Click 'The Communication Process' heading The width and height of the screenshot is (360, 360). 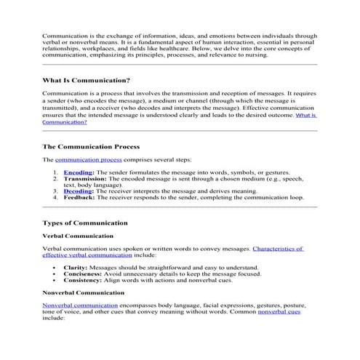pyautogui.click(x=90, y=146)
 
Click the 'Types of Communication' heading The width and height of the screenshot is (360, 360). pyautogui.click(x=85, y=223)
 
